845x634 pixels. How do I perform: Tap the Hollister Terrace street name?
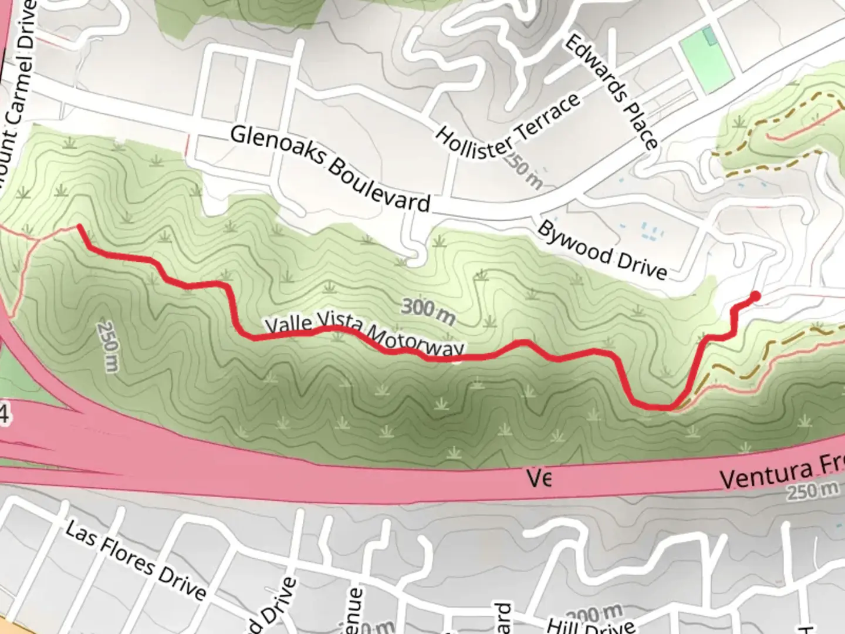coord(508,126)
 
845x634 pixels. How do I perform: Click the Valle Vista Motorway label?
coord(364,336)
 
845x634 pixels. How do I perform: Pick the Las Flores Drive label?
coord(136,560)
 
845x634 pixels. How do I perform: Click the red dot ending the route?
coord(755,296)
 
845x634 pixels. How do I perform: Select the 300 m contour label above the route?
coord(428,311)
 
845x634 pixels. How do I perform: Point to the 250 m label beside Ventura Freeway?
coord(813,490)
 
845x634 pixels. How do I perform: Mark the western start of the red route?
coord(79,226)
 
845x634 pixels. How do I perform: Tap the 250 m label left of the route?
coord(109,346)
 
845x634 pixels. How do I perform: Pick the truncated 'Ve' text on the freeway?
coord(539,478)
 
